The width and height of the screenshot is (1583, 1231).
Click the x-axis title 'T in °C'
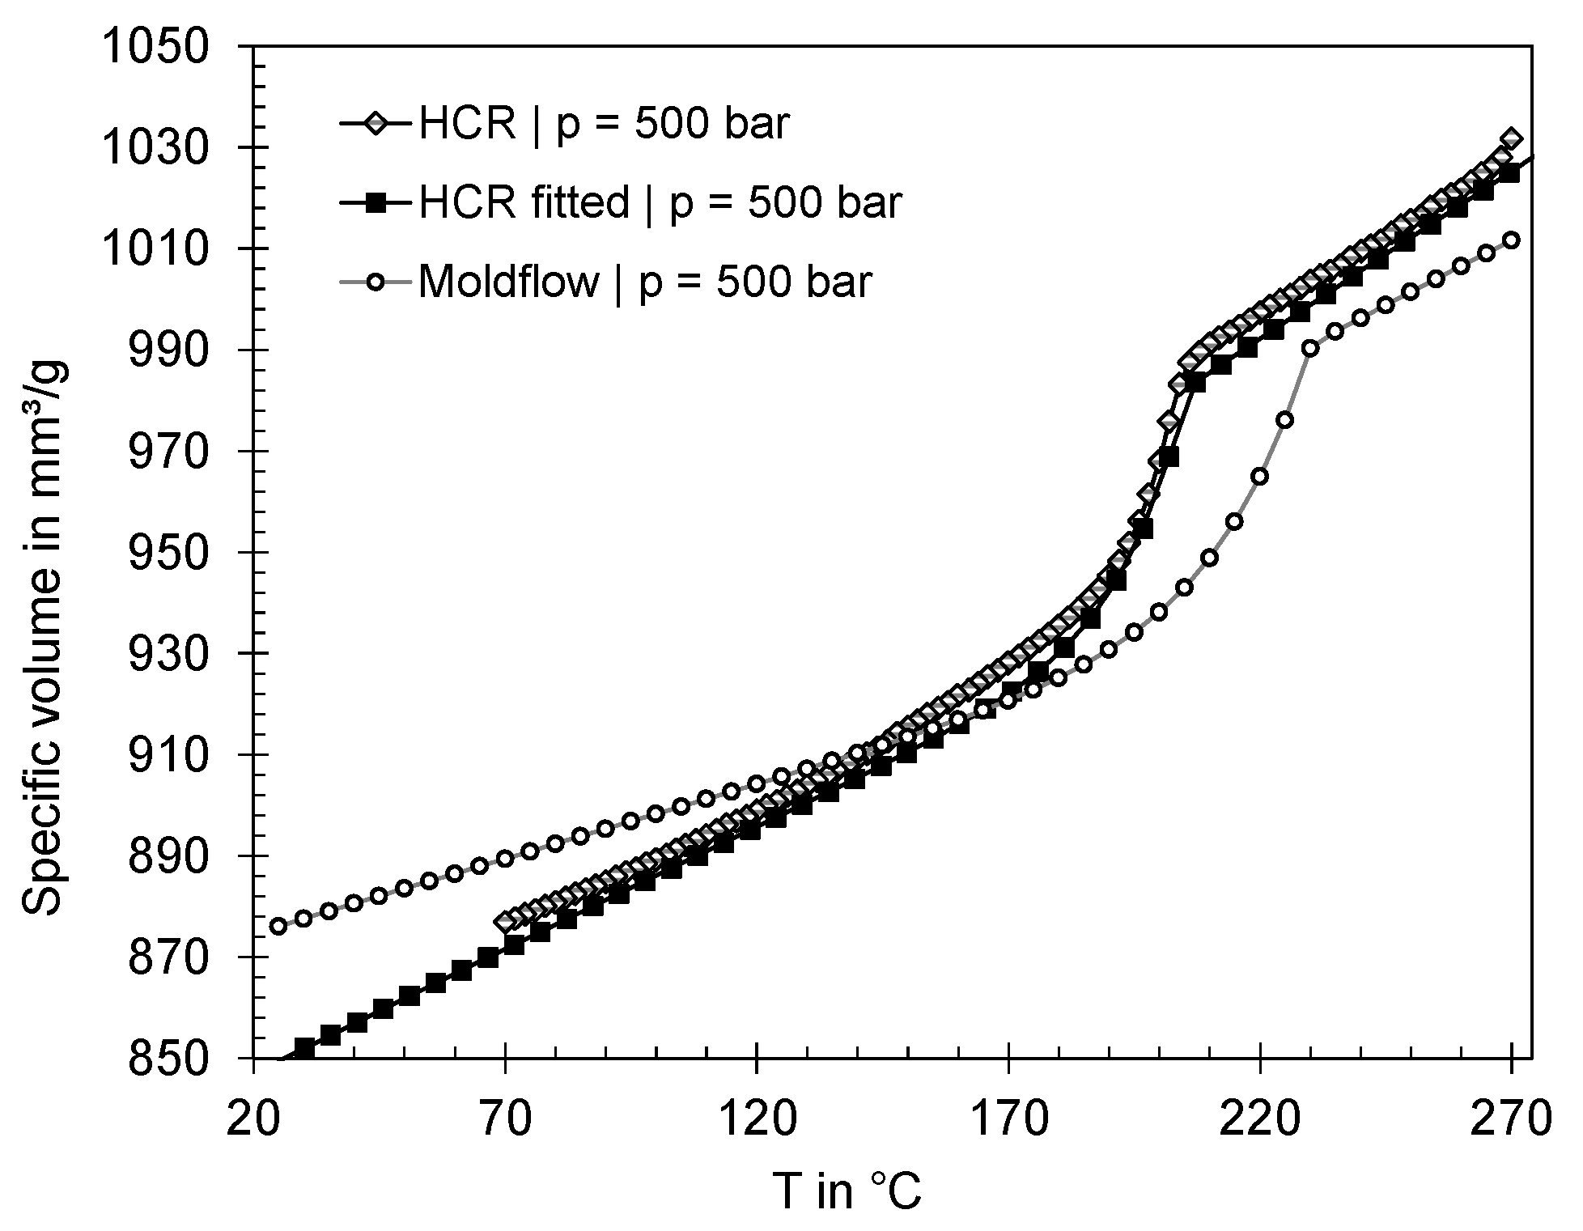click(847, 1191)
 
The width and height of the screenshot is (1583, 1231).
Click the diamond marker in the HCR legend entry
click(376, 125)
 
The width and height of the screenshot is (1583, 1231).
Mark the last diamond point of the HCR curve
click(1511, 139)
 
